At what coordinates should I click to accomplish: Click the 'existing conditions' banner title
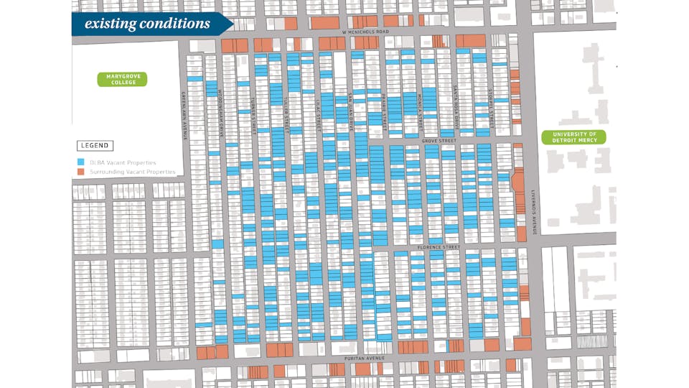coord(147,24)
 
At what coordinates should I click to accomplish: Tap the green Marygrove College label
coord(122,78)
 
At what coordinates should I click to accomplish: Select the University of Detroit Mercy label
coord(573,137)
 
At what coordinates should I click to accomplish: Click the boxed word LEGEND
coord(95,146)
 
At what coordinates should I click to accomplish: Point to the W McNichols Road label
coord(365,32)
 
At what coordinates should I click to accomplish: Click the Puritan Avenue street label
coord(365,358)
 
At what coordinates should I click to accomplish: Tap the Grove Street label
coord(439,141)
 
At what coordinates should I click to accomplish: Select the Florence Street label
coord(439,247)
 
